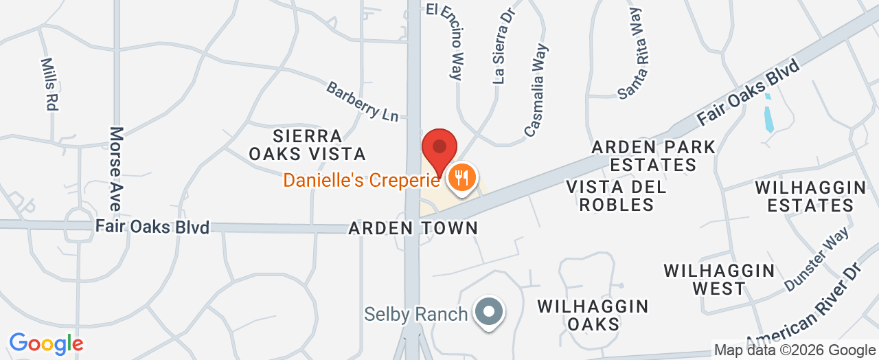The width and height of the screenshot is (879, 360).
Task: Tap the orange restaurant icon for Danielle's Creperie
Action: [459, 178]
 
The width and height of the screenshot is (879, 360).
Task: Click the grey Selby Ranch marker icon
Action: [488, 312]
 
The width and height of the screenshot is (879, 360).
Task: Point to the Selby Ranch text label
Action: [415, 315]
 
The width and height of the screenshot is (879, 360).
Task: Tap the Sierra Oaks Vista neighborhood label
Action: [307, 144]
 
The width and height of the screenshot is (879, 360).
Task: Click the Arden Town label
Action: [413, 228]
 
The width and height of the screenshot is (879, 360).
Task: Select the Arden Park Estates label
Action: [653, 156]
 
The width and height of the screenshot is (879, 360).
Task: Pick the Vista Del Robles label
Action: [615, 195]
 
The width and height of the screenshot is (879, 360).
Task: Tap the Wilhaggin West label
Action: [719, 279]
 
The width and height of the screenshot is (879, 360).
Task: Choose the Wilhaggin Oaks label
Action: [593, 314]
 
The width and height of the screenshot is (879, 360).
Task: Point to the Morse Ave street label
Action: [115, 168]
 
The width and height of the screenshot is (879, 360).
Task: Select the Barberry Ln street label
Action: [362, 102]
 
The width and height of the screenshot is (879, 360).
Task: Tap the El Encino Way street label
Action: [446, 41]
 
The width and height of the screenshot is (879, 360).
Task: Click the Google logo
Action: [46, 344]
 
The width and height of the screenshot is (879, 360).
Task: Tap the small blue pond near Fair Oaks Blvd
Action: [768, 113]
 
